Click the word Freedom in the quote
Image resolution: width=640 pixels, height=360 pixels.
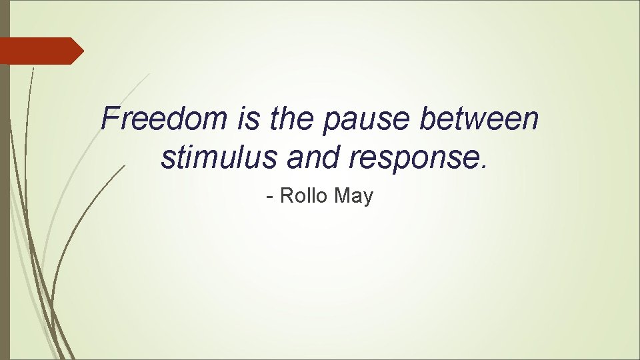(x=164, y=119)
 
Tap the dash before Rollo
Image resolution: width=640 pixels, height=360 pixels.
(x=269, y=197)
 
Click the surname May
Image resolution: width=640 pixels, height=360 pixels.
(x=354, y=197)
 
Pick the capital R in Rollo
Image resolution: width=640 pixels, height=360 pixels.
(x=285, y=195)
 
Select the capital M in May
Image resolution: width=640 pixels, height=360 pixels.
(x=342, y=195)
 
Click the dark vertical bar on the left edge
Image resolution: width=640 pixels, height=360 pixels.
(x=5, y=200)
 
